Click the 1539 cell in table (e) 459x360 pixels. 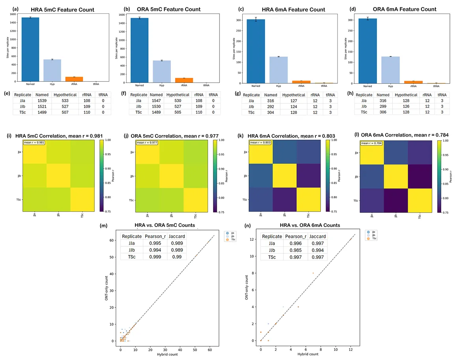tap(42, 101)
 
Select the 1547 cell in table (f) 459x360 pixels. tap(156, 101)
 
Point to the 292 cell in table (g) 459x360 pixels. tap(270, 107)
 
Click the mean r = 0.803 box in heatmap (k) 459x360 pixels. tap(259, 142)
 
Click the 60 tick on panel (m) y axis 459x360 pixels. tap(112, 240)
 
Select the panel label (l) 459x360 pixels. tap(358, 134)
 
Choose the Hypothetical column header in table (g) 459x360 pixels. tap(293, 95)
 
